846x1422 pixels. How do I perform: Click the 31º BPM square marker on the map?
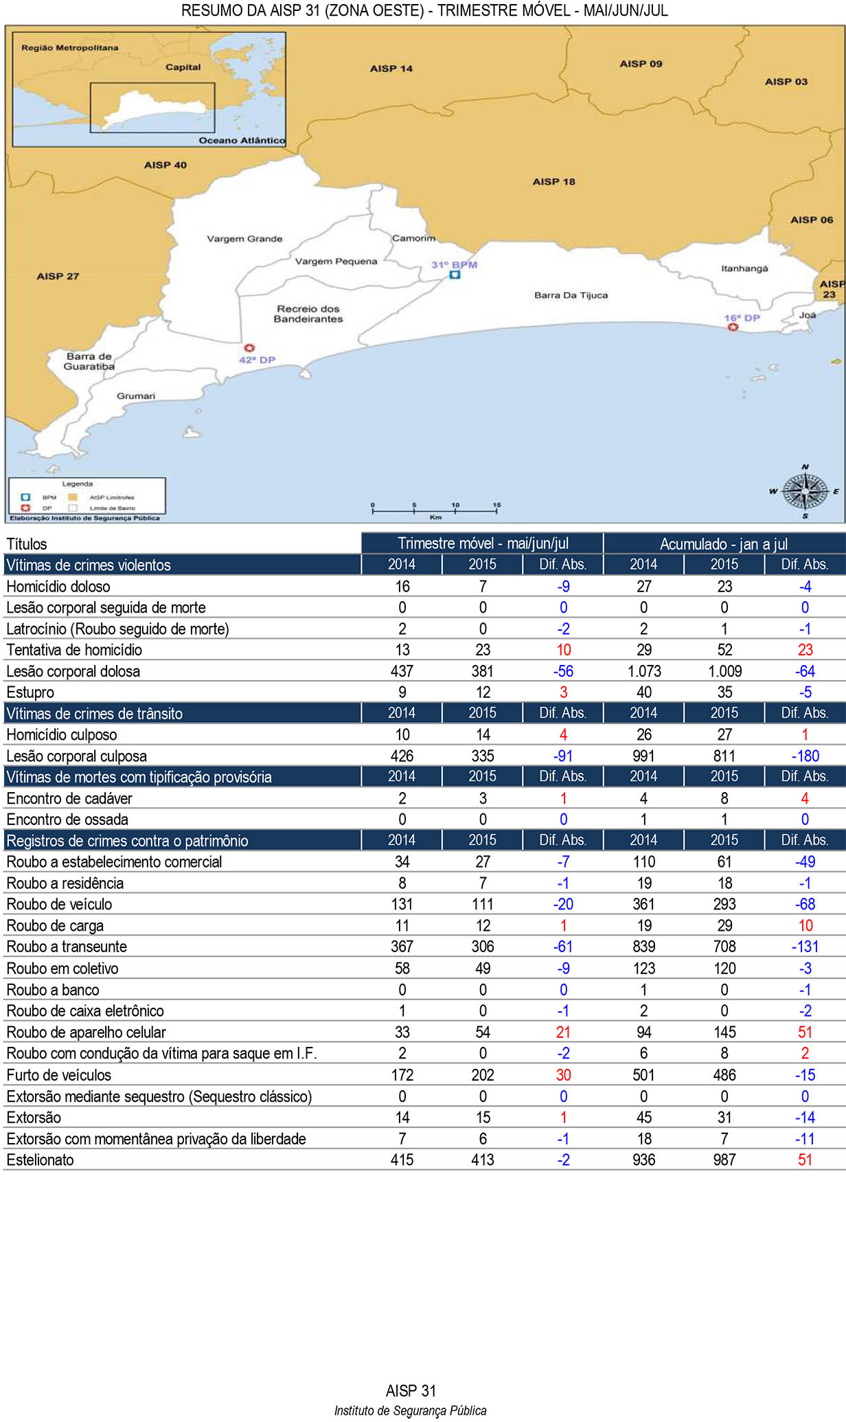click(455, 275)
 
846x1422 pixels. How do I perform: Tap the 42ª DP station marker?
click(249, 348)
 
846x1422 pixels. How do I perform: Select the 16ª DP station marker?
click(733, 327)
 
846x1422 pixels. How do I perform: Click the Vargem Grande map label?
click(244, 239)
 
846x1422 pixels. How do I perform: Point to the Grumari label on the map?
click(136, 396)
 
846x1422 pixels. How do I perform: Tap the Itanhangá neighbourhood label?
click(744, 269)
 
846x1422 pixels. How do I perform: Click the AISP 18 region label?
click(553, 182)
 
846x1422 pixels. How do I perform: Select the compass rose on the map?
click(805, 492)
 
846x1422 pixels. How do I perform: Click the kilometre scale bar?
click(435, 510)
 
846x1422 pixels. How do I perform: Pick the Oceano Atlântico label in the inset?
click(242, 140)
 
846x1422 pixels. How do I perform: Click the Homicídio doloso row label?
click(58, 587)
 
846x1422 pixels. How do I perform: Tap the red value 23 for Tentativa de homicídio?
click(805, 650)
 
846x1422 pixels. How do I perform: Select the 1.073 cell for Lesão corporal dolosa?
click(643, 671)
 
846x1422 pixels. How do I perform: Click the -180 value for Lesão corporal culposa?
click(805, 756)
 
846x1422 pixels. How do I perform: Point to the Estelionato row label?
click(40, 1160)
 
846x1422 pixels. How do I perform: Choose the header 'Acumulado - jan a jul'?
click(724, 544)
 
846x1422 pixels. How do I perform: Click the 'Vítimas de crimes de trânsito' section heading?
click(95, 714)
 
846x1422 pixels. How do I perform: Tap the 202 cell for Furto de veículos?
click(483, 1075)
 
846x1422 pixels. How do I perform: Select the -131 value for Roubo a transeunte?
click(805, 947)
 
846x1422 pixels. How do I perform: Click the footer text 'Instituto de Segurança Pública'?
click(410, 1411)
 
